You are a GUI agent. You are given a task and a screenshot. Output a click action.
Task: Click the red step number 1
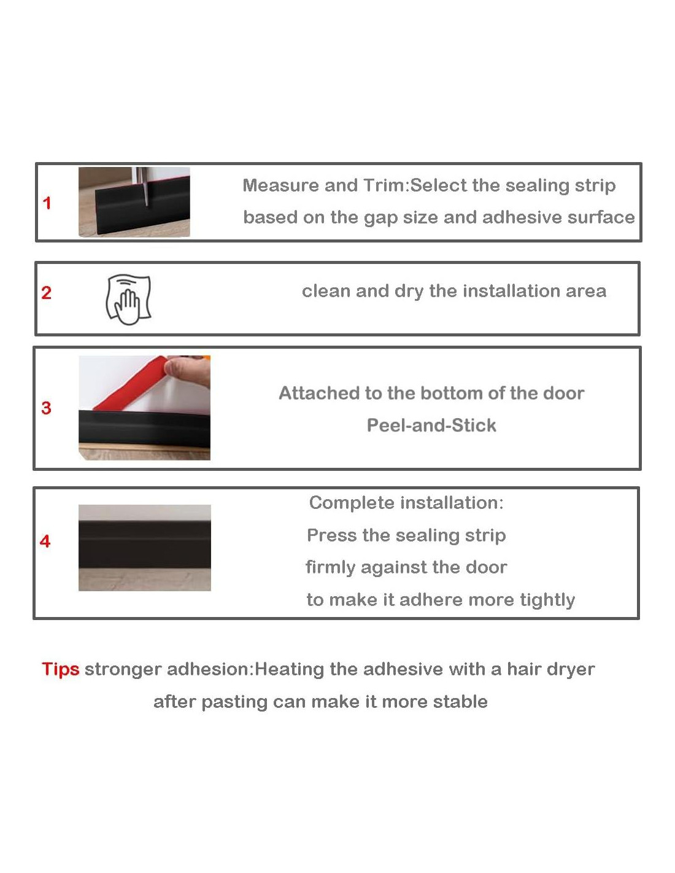point(47,203)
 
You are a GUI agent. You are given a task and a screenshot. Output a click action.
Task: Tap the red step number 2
point(46,292)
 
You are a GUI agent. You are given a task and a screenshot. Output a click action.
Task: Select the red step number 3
point(46,408)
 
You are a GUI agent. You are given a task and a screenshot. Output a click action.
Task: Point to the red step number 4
point(45,541)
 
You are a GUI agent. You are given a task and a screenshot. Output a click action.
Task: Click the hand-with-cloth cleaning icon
point(128,300)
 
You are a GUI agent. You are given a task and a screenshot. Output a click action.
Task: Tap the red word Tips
point(61,670)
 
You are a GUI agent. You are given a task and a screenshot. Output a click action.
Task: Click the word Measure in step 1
point(280,185)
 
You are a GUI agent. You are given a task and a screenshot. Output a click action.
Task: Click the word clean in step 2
point(326,291)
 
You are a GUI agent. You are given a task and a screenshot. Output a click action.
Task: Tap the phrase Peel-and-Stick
point(431,425)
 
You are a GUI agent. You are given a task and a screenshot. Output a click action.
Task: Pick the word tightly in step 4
point(547,599)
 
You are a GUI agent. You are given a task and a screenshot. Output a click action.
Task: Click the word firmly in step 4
point(330,567)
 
